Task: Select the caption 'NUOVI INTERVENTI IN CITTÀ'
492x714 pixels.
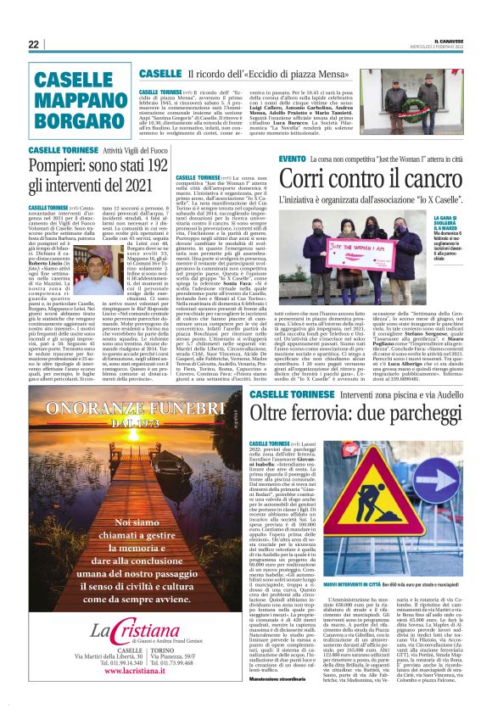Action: (x=331, y=561)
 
